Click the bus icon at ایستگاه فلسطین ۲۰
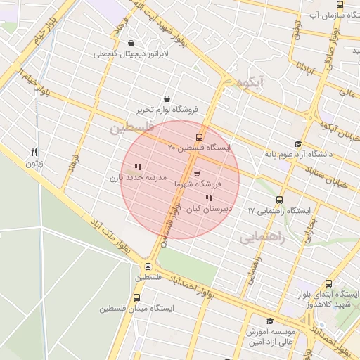click(200, 137)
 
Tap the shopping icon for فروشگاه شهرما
click(196, 172)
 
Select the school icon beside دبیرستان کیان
click(208, 198)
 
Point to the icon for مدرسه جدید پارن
click(138, 167)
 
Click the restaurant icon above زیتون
click(34, 152)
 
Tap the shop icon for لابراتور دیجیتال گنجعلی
click(131, 43)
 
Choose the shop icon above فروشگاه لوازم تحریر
click(167, 99)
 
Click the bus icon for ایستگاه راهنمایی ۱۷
click(280, 200)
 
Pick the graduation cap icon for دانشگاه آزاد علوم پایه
click(298, 143)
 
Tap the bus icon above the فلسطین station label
click(148, 266)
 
